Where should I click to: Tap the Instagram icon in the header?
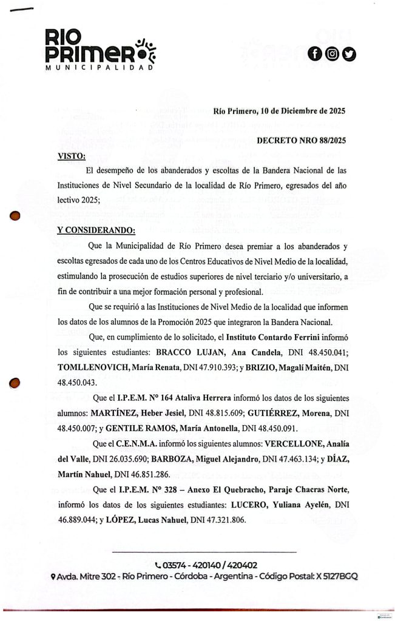[x=332, y=54]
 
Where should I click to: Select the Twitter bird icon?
[x=349, y=54]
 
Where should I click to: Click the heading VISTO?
[x=70, y=156]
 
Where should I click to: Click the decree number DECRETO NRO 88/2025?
[x=301, y=141]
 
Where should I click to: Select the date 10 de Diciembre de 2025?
[x=302, y=111]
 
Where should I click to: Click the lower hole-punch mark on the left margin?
[x=17, y=383]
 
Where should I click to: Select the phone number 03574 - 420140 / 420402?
[x=205, y=564]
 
